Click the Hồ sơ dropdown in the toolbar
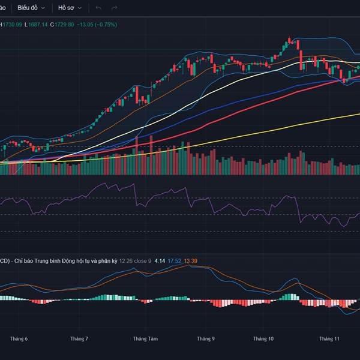tap(68, 8)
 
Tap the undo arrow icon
tap(98, 8)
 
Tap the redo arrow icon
tap(114, 8)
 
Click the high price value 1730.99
tap(13, 25)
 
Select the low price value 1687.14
tap(37, 25)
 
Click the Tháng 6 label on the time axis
tap(19, 339)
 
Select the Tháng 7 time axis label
tap(79, 339)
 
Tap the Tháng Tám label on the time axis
tap(145, 339)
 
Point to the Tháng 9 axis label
tap(205, 339)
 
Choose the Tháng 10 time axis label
tap(263, 339)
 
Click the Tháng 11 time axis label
tap(329, 339)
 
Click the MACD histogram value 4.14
tap(160, 261)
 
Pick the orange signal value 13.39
tap(190, 261)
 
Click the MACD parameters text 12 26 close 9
tap(135, 261)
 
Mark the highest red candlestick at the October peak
tap(296, 48)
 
